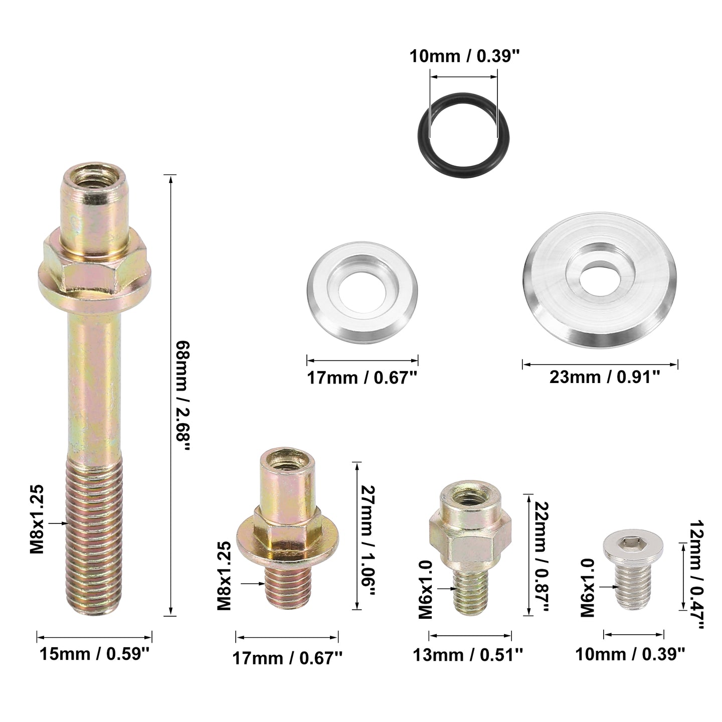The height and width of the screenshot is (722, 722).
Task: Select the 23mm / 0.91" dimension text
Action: click(x=605, y=378)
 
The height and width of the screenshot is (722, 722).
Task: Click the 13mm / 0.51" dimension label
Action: click(x=468, y=655)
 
